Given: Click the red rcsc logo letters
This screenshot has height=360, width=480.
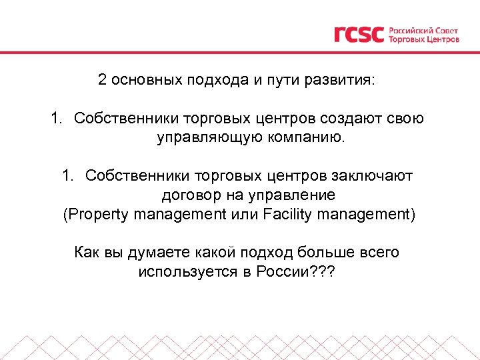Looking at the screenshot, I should pyautogui.click(x=359, y=34).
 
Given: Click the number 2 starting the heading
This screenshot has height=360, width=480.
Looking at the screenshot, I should pyautogui.click(x=102, y=81).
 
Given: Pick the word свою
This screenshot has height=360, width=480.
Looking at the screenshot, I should pyautogui.click(x=407, y=119).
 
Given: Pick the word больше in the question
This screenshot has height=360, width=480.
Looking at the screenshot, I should pyautogui.click(x=325, y=253).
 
